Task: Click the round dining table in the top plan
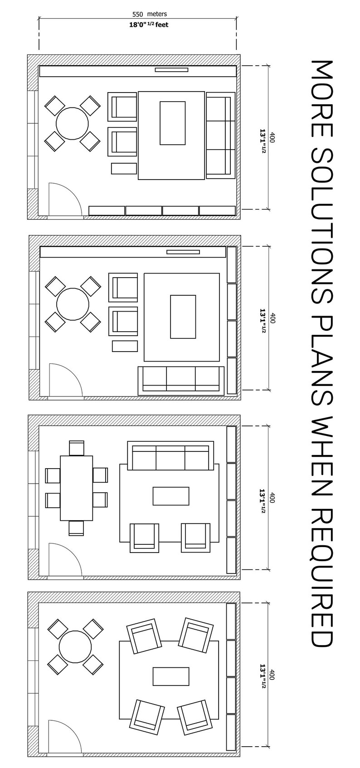click(72, 123)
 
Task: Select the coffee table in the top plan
click(172, 123)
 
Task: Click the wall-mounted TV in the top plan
click(171, 69)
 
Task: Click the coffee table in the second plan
click(183, 316)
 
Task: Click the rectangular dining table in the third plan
click(76, 488)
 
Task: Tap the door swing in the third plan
click(65, 560)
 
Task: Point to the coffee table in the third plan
click(171, 496)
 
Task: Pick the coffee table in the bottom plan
click(171, 676)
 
